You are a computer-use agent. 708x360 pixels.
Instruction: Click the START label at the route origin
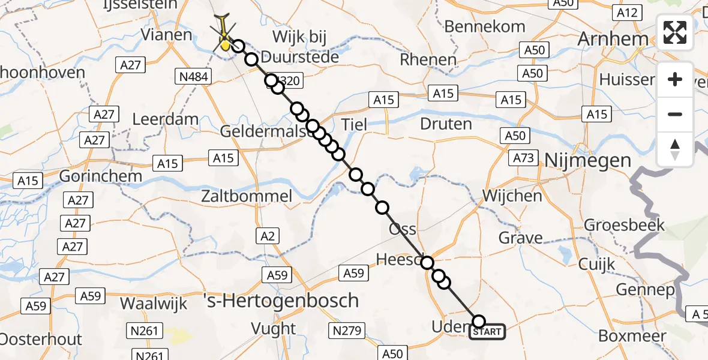click(x=487, y=332)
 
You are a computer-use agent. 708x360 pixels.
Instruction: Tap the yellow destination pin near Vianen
click(x=225, y=43)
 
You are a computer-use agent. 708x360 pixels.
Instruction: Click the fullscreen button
click(x=675, y=32)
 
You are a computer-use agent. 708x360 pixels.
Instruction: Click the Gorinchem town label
click(x=100, y=176)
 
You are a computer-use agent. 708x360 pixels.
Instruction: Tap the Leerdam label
click(x=165, y=119)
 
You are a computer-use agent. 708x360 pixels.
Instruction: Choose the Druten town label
click(x=446, y=124)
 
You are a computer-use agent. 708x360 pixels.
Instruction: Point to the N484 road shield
click(x=193, y=76)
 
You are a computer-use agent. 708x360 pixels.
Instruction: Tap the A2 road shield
click(x=268, y=236)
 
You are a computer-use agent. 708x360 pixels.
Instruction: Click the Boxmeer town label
click(x=632, y=336)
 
